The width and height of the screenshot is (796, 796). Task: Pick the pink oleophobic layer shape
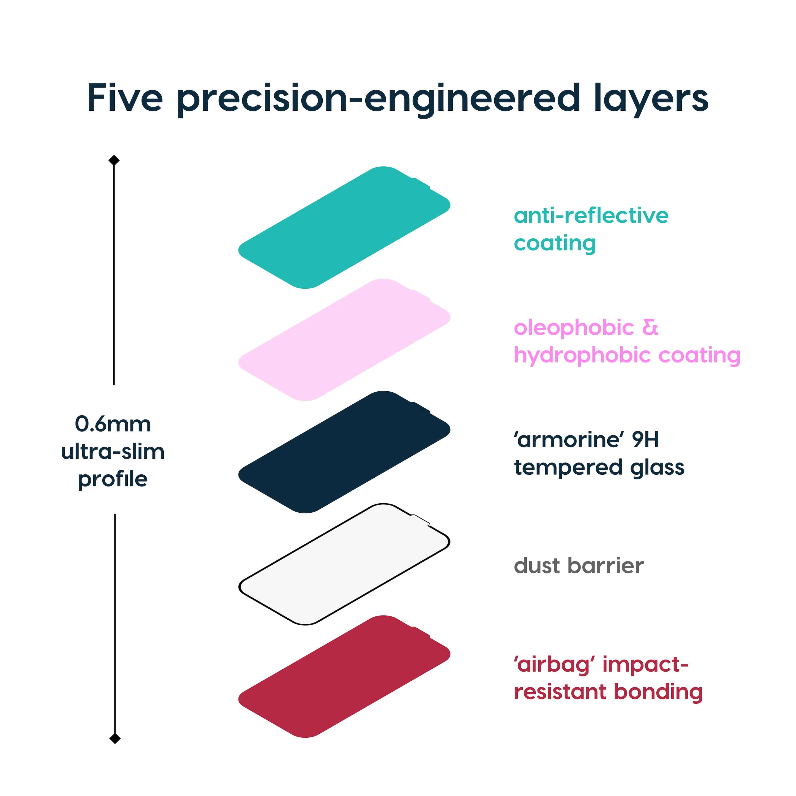[x=344, y=340]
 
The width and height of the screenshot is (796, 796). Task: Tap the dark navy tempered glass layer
[x=344, y=452]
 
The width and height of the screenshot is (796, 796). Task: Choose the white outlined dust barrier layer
[x=344, y=564]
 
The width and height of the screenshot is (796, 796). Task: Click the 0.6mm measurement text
[x=113, y=424]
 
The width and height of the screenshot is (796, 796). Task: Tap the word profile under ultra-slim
[x=113, y=479]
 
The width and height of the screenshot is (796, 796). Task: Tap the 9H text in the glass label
[x=645, y=440]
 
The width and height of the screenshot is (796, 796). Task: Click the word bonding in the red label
[x=658, y=692]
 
